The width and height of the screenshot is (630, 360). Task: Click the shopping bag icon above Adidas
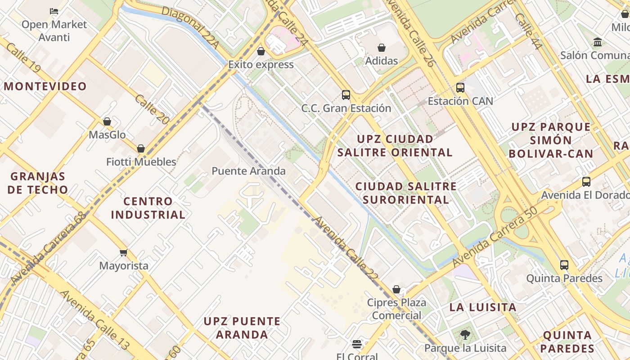tap(382, 48)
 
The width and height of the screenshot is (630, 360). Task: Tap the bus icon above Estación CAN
tap(460, 88)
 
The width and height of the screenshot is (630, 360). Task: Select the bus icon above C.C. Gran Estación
tap(346, 95)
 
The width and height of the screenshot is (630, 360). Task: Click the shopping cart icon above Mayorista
tap(124, 253)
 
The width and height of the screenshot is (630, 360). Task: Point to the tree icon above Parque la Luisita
tap(465, 335)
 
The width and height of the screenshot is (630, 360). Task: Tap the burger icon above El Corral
tap(357, 344)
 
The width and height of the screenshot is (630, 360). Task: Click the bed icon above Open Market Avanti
tap(54, 11)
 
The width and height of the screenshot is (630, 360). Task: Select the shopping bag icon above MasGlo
tap(107, 121)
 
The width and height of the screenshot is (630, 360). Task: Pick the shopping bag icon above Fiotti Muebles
tap(141, 148)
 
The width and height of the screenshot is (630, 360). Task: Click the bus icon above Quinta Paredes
tap(564, 265)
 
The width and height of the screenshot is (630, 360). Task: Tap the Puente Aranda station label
tap(248, 171)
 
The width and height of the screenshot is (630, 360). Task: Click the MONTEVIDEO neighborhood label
tap(45, 86)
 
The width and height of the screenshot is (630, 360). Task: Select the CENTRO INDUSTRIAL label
tap(148, 208)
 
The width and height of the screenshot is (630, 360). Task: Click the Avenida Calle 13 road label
tap(95, 320)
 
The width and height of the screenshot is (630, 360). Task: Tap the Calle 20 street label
tap(152, 109)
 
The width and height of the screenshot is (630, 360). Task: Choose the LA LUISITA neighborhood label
tap(483, 307)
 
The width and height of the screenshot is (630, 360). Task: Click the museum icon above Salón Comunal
tap(598, 42)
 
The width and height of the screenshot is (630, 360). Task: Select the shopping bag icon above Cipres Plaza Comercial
tap(396, 289)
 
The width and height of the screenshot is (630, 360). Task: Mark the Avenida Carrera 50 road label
tap(495, 237)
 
